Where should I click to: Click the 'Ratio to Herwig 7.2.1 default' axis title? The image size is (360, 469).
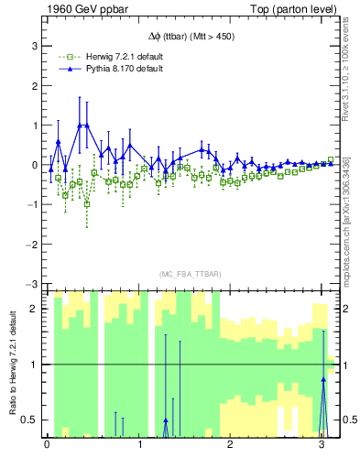[x=12, y=365]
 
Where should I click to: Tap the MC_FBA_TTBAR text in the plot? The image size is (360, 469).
[x=191, y=275]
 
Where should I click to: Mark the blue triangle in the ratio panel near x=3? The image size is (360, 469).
[x=323, y=378]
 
